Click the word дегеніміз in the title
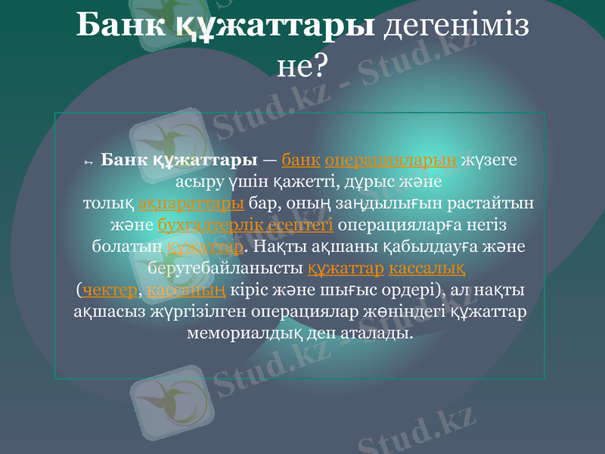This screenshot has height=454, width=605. [x=457, y=26]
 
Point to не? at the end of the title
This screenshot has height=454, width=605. [x=302, y=67]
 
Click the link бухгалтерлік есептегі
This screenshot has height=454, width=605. [x=246, y=225]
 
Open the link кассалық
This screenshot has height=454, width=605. [x=427, y=269]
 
